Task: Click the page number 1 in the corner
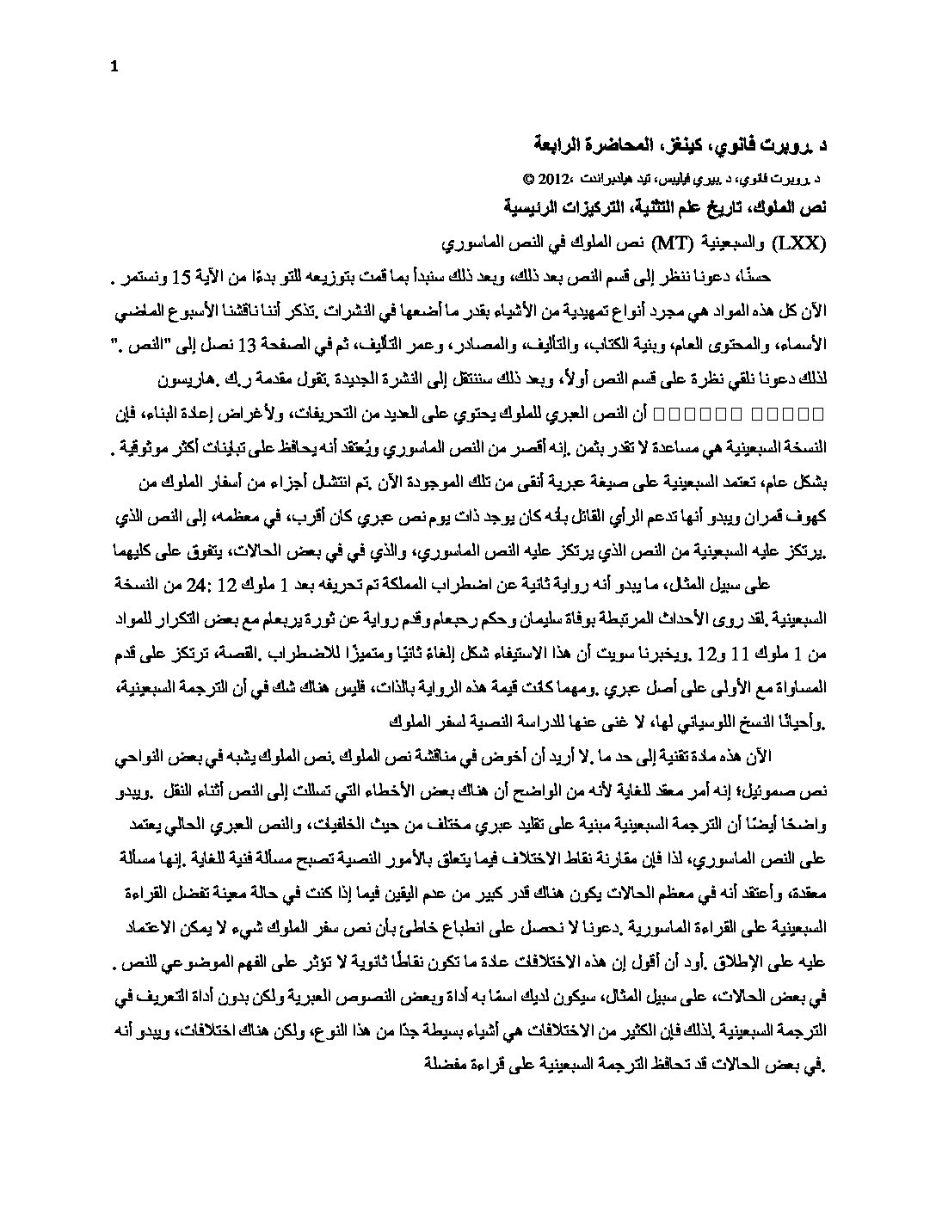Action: [114, 71]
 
